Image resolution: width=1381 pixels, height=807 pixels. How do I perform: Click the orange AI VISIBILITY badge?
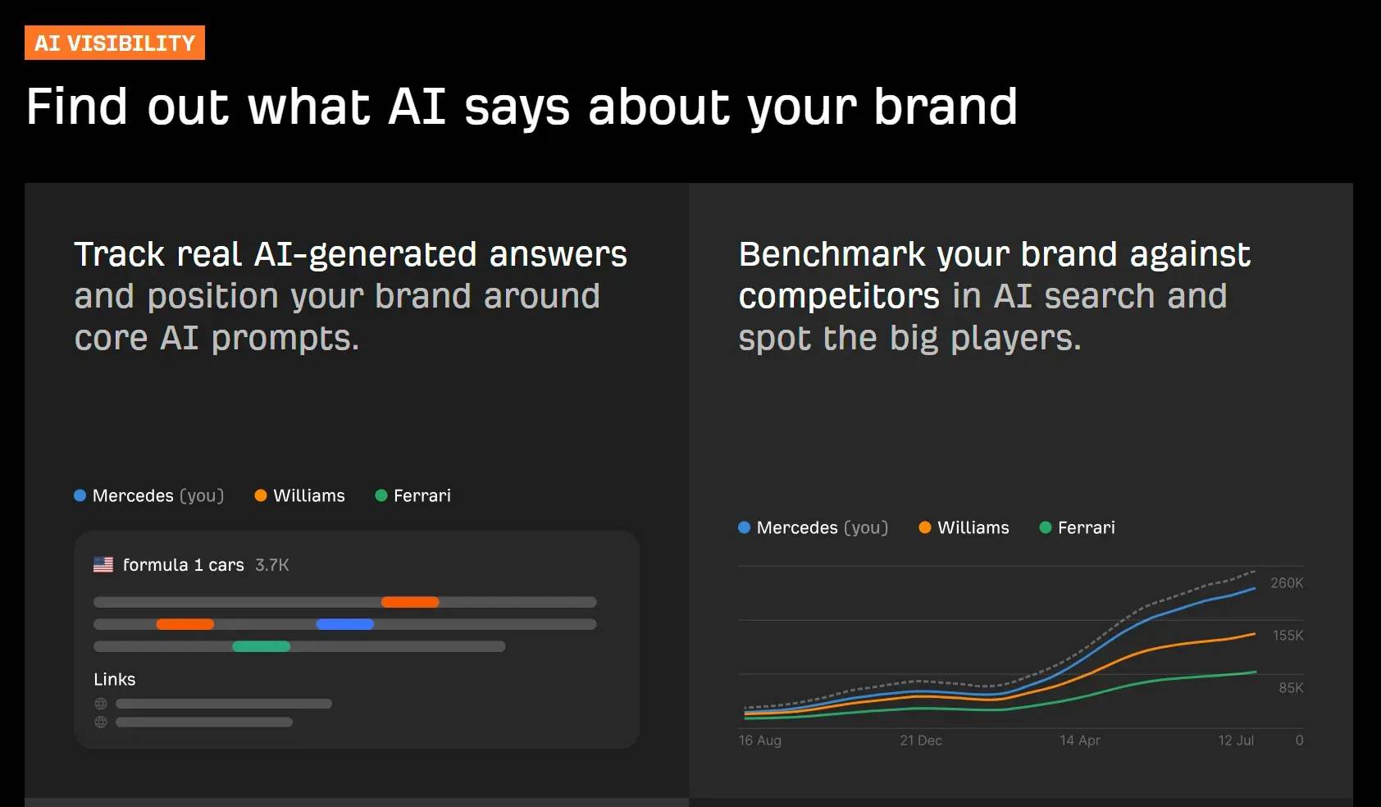pyautogui.click(x=115, y=43)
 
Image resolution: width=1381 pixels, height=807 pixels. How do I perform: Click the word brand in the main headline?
pyautogui.click(x=945, y=107)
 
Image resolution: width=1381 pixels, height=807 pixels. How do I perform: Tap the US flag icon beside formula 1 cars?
pyautogui.click(x=103, y=564)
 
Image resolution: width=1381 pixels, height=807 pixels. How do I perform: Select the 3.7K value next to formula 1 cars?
pyautogui.click(x=271, y=565)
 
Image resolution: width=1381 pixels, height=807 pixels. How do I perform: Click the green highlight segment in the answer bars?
pyautogui.click(x=262, y=646)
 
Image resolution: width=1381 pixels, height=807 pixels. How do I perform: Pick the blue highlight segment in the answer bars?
pyautogui.click(x=345, y=624)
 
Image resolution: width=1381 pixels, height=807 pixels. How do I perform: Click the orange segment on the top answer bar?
pyautogui.click(x=410, y=602)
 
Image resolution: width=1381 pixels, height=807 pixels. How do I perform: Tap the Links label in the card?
pyautogui.click(x=115, y=679)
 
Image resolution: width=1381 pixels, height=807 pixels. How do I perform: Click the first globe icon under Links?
pyautogui.click(x=101, y=704)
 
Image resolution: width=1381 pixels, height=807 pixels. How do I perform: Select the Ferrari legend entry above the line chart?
pyautogui.click(x=1078, y=527)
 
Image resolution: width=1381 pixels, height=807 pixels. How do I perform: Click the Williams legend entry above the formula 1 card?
pyautogui.click(x=300, y=495)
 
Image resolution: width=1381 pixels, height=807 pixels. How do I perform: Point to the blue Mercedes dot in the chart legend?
pyautogui.click(x=744, y=527)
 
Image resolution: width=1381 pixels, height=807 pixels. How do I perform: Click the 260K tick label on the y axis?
pyautogui.click(x=1286, y=583)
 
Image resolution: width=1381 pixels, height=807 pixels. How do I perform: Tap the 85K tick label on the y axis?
pyautogui.click(x=1290, y=688)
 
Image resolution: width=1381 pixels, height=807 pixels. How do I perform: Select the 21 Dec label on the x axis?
pyautogui.click(x=920, y=741)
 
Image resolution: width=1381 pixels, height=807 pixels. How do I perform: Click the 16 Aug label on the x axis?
pyautogui.click(x=759, y=741)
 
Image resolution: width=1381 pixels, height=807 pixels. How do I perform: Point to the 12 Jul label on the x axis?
pyautogui.click(x=1235, y=741)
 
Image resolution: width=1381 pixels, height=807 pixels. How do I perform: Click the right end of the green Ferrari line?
pyautogui.click(x=1254, y=672)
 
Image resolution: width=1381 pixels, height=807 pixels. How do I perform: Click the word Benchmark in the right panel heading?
pyautogui.click(x=832, y=254)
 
